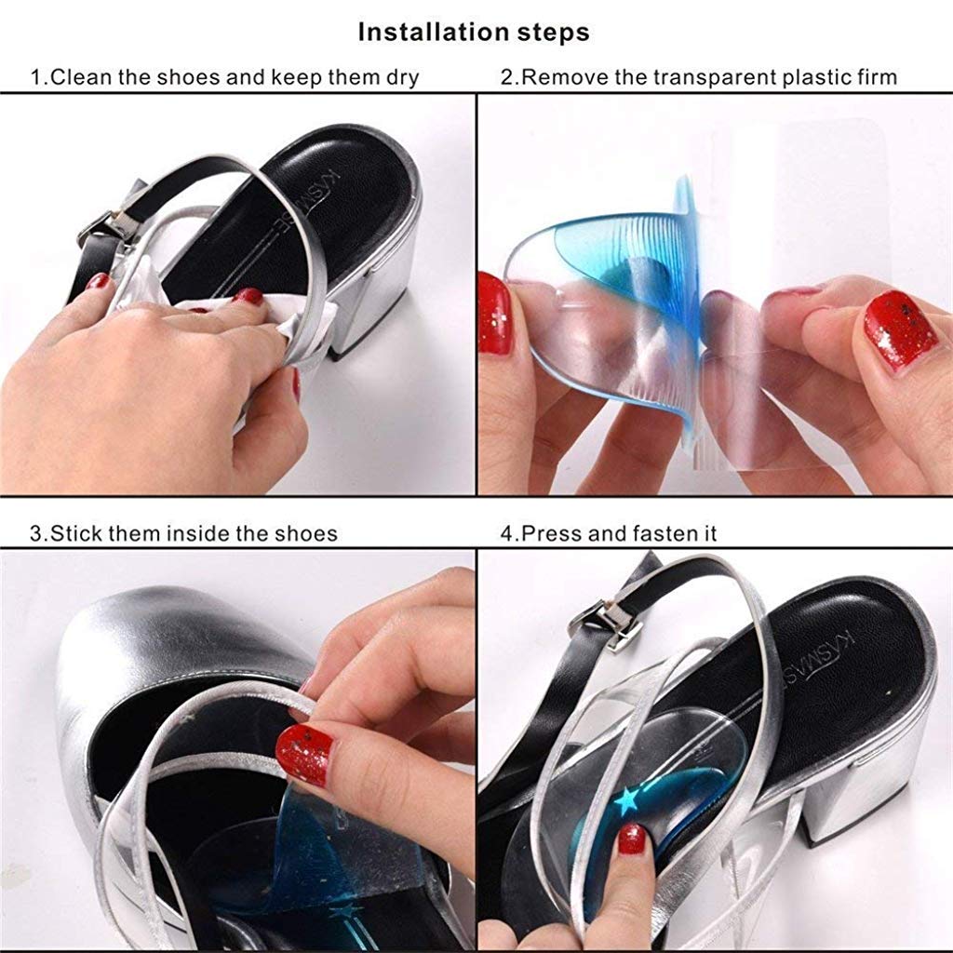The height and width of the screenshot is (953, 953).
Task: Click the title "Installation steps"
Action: click(x=474, y=33)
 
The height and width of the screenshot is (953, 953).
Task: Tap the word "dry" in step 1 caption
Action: click(x=399, y=76)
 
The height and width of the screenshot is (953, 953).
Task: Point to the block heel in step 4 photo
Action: click(x=866, y=810)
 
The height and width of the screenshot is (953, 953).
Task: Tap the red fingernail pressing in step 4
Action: click(x=632, y=839)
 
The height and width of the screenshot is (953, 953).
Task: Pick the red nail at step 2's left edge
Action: click(x=494, y=315)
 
